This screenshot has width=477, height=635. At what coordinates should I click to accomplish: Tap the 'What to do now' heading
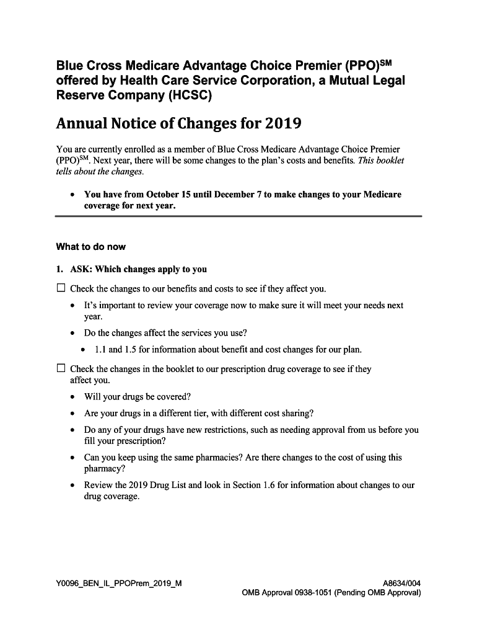click(90, 247)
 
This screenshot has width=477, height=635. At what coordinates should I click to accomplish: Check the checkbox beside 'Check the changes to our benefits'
click(61, 288)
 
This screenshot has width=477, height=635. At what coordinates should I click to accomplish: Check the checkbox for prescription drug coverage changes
click(61, 368)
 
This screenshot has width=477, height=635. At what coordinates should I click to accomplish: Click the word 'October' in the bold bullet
click(162, 195)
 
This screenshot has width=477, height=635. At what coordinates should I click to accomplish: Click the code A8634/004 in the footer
click(402, 583)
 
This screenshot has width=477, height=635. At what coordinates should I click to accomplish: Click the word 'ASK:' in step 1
click(81, 269)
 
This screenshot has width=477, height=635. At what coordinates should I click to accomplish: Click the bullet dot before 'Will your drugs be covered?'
click(73, 397)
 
